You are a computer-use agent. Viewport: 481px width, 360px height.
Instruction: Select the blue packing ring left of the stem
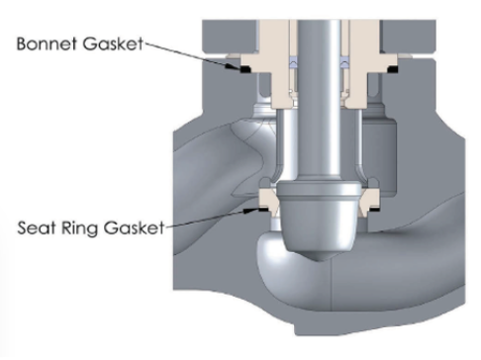292,61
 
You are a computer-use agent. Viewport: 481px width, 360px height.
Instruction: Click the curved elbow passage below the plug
297,287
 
